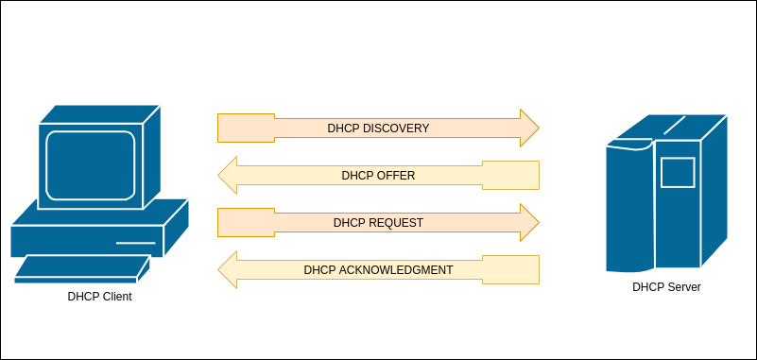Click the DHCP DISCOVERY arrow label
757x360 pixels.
click(378, 129)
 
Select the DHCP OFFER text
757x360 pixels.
click(378, 176)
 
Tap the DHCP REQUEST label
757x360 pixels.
click(378, 223)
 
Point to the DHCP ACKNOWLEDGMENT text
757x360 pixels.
click(378, 270)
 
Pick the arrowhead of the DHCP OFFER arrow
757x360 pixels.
click(227, 176)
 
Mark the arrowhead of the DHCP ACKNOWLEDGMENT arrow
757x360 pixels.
click(227, 270)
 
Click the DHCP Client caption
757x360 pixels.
click(99, 297)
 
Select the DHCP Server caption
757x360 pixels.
click(666, 287)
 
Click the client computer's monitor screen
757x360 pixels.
click(91, 165)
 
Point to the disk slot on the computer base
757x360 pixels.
click(135, 243)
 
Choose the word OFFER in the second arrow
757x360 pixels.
click(395, 176)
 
